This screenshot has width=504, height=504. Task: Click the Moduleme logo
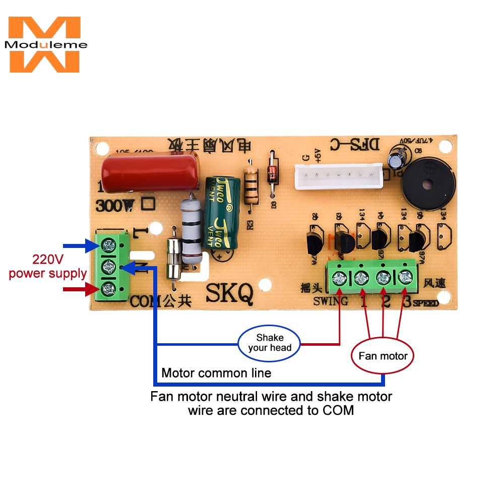pos(45,44)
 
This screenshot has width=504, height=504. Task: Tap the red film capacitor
pos(150,172)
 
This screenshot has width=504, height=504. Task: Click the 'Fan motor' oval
pos(383,356)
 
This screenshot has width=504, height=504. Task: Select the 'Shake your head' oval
pos(270,343)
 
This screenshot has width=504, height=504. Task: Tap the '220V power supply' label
pos(47,267)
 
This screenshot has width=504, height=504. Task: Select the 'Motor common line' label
pos(216,373)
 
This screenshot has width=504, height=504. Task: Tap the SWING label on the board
pos(330,301)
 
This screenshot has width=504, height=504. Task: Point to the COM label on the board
pos(146,301)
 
